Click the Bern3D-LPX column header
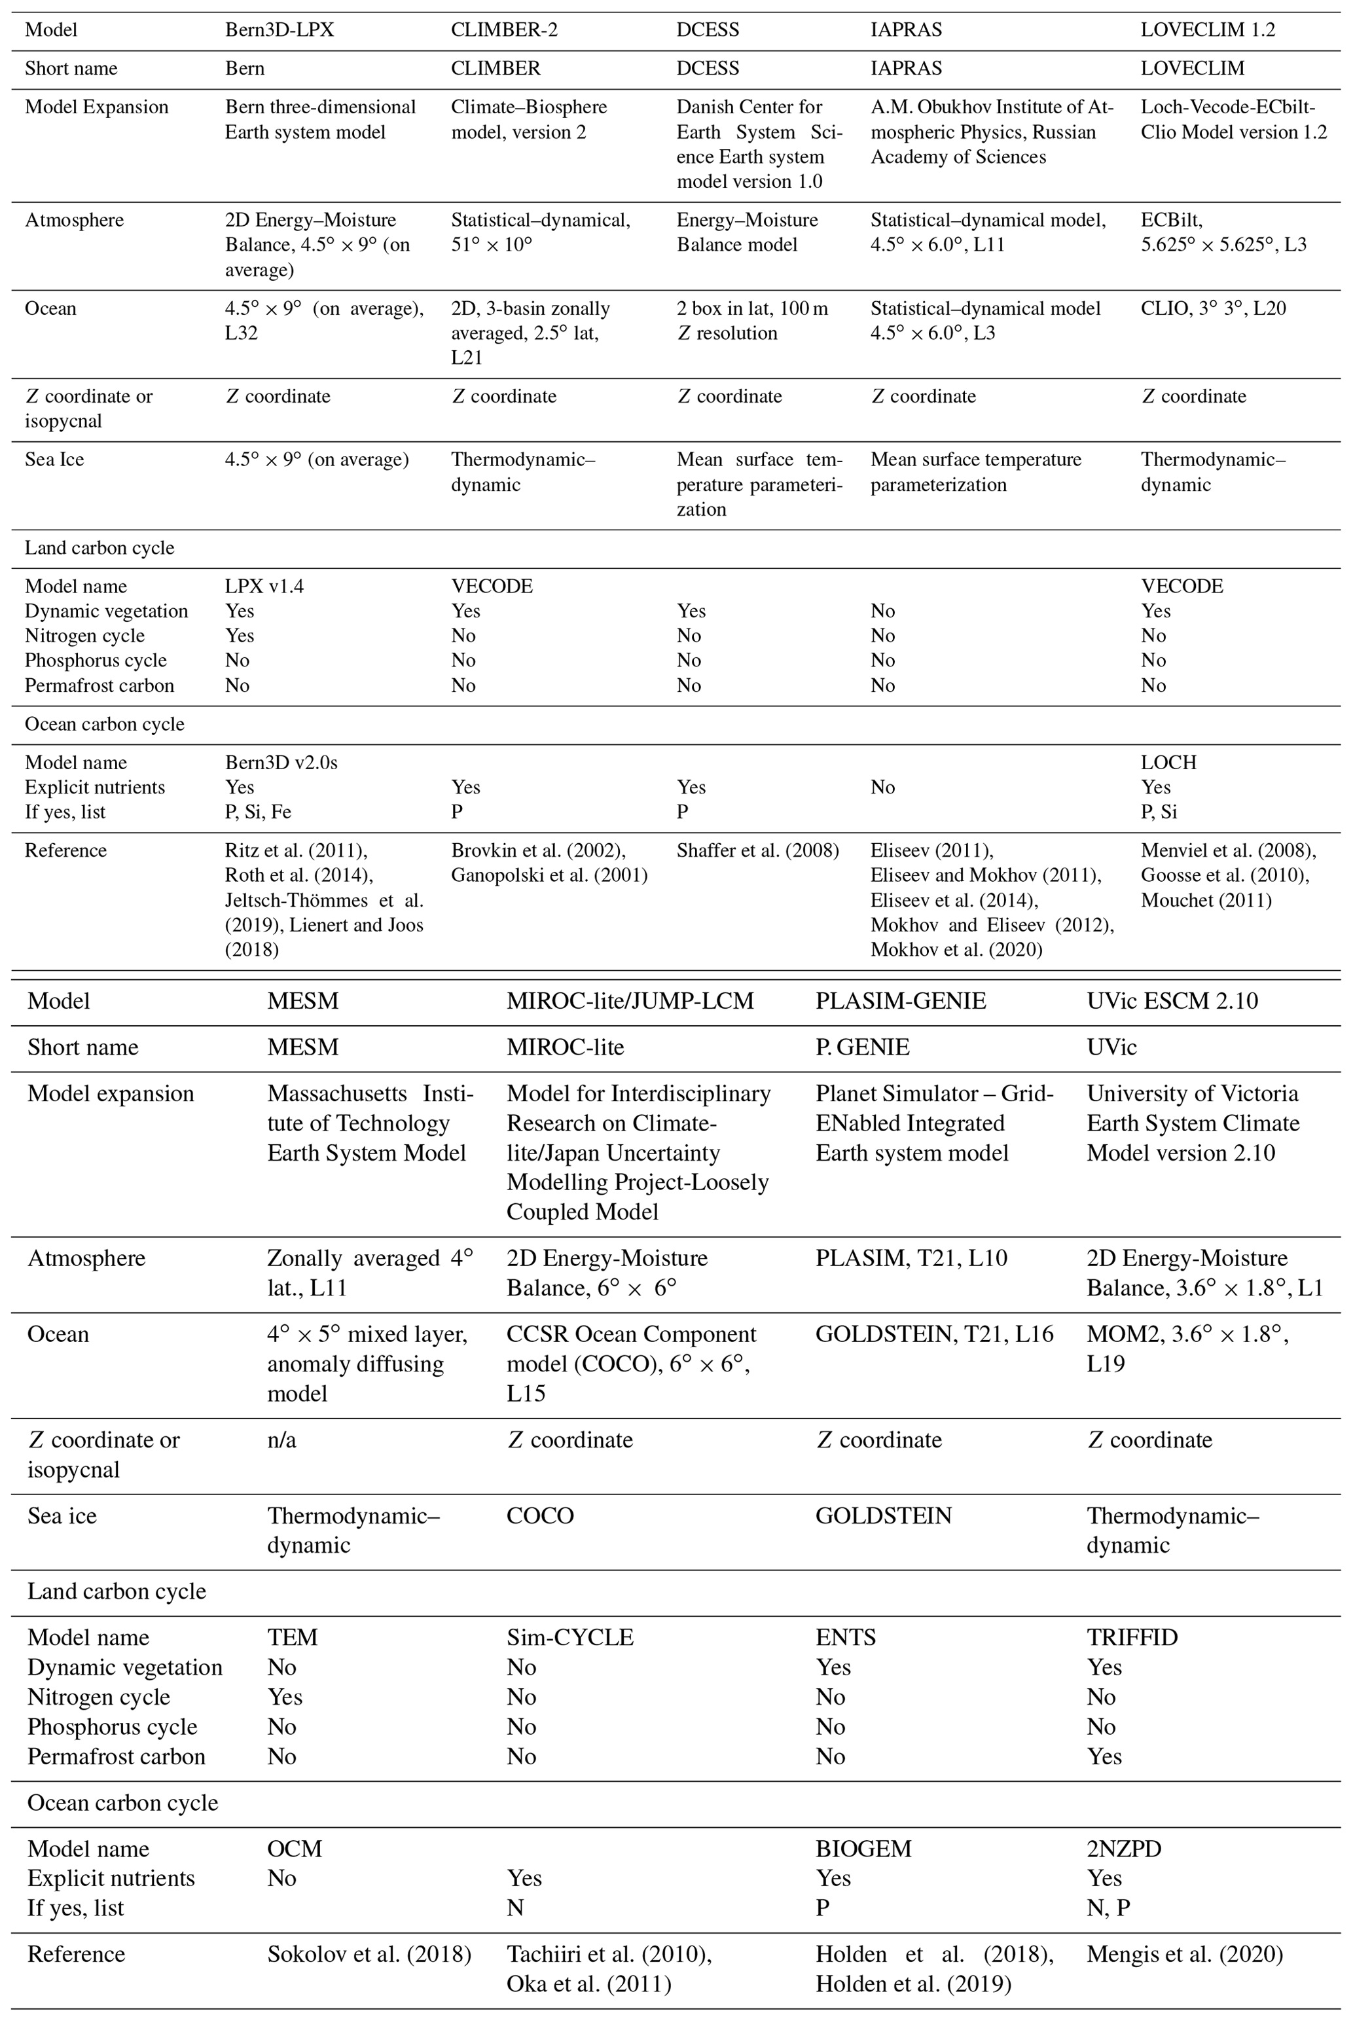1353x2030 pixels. [x=279, y=30]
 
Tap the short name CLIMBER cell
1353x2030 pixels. [x=496, y=68]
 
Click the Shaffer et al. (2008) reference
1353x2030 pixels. [x=757, y=850]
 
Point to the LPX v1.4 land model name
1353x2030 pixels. [x=264, y=587]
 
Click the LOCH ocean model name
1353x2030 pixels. [x=1168, y=763]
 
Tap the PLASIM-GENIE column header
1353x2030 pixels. [x=900, y=1001]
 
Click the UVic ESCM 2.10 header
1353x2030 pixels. [x=1172, y=1001]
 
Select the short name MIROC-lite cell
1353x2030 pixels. [x=564, y=1047]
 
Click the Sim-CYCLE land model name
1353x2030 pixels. [x=569, y=1637]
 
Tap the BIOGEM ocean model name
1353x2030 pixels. [x=863, y=1849]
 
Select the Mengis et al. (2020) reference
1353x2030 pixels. [x=1184, y=1954]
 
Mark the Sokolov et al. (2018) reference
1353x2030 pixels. [x=369, y=1954]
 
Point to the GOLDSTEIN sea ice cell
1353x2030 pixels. [x=883, y=1516]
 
